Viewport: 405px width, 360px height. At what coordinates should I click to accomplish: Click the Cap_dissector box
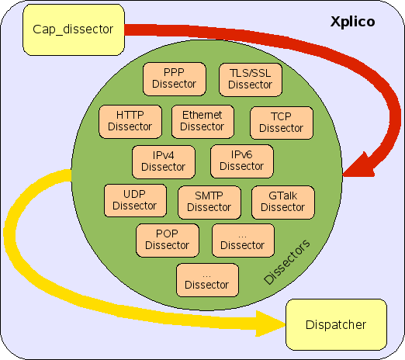(x=74, y=29)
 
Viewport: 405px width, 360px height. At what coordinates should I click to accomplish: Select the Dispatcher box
(x=336, y=324)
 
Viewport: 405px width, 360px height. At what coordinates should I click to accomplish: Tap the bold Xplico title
(x=353, y=22)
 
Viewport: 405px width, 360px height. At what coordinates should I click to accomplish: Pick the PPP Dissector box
(x=175, y=79)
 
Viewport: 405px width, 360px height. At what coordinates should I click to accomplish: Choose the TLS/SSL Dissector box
(x=251, y=80)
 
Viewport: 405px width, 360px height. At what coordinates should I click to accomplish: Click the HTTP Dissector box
(x=130, y=122)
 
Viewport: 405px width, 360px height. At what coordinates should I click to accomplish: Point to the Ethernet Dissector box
(x=202, y=122)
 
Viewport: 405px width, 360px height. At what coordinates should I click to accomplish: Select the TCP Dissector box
(x=282, y=123)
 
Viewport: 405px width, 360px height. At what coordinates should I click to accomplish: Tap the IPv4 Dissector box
(x=164, y=162)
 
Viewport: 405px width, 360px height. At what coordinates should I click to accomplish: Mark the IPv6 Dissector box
(x=242, y=161)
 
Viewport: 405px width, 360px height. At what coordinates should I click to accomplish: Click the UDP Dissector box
(x=135, y=200)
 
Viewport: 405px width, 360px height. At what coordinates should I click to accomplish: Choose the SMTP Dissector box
(x=209, y=202)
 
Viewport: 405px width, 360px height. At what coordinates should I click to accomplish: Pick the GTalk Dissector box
(x=283, y=202)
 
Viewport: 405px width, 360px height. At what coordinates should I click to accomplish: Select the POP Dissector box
(x=168, y=241)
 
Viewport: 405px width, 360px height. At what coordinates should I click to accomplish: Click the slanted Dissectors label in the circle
(x=286, y=262)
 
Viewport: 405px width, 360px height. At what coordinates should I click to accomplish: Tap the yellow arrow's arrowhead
(x=270, y=324)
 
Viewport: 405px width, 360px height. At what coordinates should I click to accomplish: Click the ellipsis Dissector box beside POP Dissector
(x=243, y=241)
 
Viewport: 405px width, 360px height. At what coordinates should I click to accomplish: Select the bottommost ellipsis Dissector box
(x=207, y=280)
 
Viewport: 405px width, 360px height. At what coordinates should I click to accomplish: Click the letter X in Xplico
(x=335, y=22)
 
